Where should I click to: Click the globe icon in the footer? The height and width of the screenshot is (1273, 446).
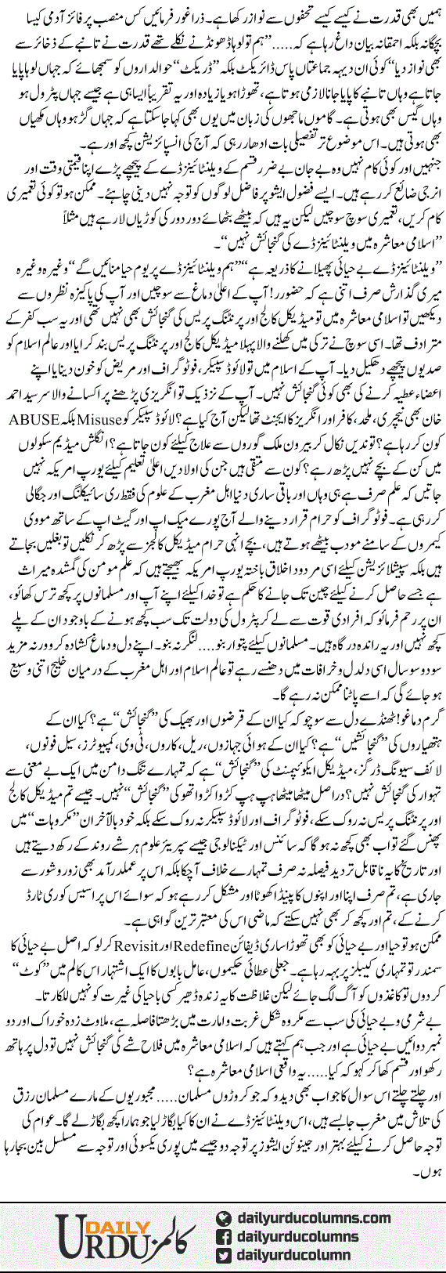pyautogui.click(x=225, y=1219)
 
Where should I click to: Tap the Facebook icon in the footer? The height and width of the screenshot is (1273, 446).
pyautogui.click(x=225, y=1238)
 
